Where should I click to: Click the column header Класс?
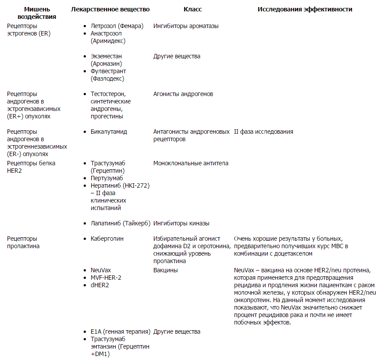pos(192,9)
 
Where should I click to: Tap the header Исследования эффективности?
pos(305,9)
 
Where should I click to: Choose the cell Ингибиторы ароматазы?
pos(186,26)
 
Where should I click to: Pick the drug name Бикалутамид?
pos(109,132)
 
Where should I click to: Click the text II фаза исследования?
pos(263,132)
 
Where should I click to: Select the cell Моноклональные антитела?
pos(191,163)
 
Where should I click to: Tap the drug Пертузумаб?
pos(107,178)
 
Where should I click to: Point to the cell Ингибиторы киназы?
pos(181,223)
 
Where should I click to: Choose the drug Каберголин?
pos(107,239)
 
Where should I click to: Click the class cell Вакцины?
pos(166,270)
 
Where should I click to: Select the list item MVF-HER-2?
pos(106,278)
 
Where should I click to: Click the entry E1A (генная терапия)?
pos(121,331)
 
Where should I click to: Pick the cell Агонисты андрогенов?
pos(183,94)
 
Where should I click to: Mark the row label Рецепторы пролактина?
pos(23,242)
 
